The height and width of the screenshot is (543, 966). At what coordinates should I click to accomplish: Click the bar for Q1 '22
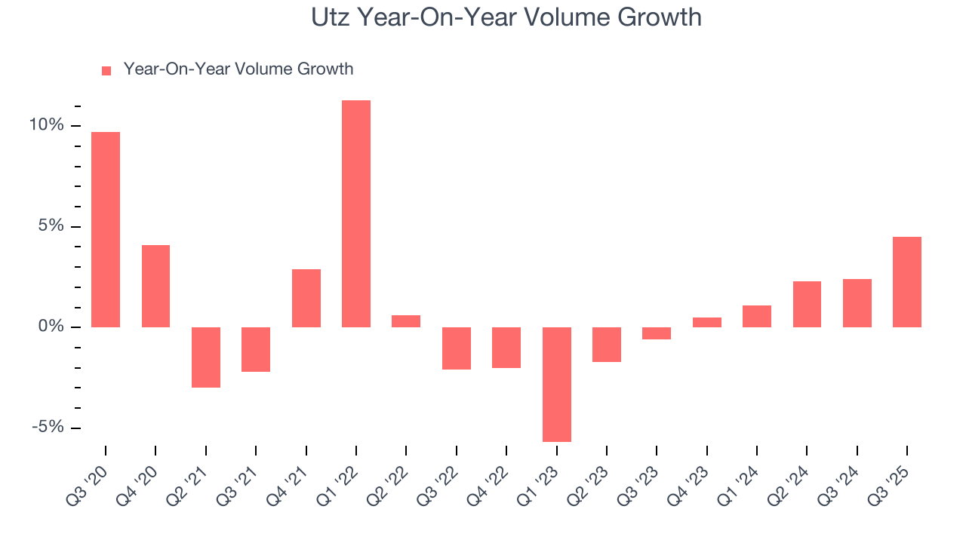pyautogui.click(x=356, y=213)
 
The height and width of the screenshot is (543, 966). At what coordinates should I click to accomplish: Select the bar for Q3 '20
pyautogui.click(x=106, y=229)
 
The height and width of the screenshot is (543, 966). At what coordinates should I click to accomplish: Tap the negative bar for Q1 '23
pyautogui.click(x=557, y=384)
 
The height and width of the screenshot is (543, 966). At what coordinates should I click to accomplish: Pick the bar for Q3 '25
pyautogui.click(x=907, y=282)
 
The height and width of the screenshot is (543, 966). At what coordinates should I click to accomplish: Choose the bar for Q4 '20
pyautogui.click(x=155, y=286)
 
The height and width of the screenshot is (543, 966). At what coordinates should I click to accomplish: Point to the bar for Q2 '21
pyautogui.click(x=206, y=357)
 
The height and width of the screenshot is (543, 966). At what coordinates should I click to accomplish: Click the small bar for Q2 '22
pyautogui.click(x=406, y=321)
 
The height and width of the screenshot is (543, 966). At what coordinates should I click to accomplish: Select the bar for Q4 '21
pyautogui.click(x=306, y=298)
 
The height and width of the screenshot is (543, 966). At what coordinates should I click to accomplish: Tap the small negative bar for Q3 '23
pyautogui.click(x=657, y=333)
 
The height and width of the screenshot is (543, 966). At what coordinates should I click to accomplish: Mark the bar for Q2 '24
pyautogui.click(x=807, y=304)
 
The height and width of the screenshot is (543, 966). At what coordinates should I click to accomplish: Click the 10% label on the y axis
pyautogui.click(x=47, y=125)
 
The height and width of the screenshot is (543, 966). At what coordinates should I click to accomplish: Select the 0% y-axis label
pyautogui.click(x=51, y=327)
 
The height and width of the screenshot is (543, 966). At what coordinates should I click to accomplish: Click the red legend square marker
pyautogui.click(x=106, y=70)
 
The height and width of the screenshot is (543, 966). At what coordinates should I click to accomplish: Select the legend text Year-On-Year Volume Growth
pyautogui.click(x=238, y=69)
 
